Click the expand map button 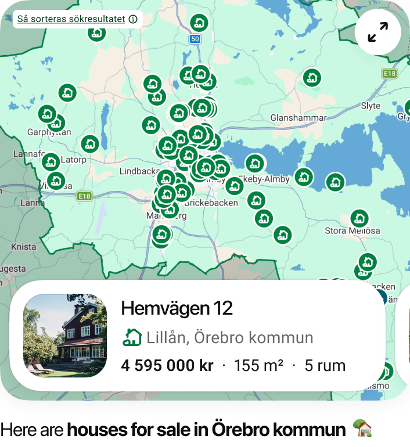(x=378, y=32)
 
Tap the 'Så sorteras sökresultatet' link (x=71, y=19)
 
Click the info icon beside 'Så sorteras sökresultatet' (x=133, y=19)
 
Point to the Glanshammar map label (x=298, y=118)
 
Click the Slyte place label (x=371, y=106)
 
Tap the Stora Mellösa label (x=352, y=230)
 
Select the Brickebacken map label (x=211, y=203)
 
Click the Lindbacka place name (x=139, y=172)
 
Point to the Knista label (x=24, y=247)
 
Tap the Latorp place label (x=73, y=159)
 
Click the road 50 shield (x=195, y=39)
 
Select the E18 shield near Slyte (x=389, y=74)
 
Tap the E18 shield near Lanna (x=84, y=196)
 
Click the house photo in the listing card (x=65, y=336)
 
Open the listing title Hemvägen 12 (x=177, y=308)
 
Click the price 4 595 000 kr (x=167, y=366)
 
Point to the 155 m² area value (x=258, y=366)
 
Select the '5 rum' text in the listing (x=325, y=366)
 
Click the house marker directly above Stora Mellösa (x=359, y=218)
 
